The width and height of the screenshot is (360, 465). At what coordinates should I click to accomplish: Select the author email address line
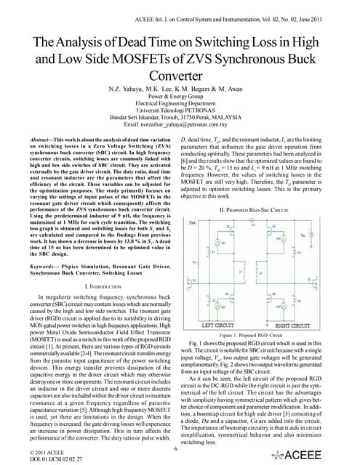[180, 125]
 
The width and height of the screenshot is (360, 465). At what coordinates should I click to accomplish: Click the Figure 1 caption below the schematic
[266, 275]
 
